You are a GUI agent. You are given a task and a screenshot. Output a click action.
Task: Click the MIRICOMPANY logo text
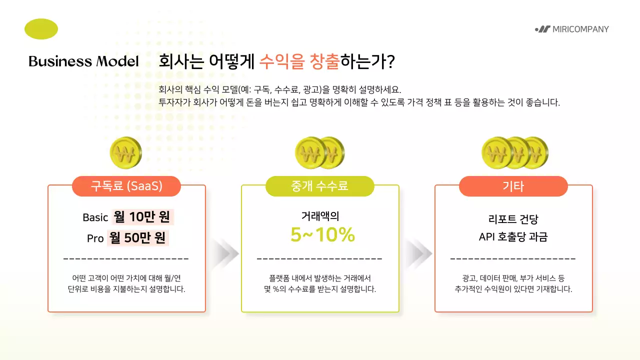[x=580, y=29]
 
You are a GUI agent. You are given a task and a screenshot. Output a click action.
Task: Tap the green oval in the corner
[x=41, y=28]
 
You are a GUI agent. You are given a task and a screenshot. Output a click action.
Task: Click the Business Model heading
[x=83, y=61]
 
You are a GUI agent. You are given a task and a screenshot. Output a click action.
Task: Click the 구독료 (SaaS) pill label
[x=126, y=186]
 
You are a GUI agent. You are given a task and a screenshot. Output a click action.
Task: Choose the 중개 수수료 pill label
[x=319, y=186]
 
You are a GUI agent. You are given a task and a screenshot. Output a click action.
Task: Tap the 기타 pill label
[x=513, y=186]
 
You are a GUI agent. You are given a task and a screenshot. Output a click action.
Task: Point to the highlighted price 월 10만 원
[x=142, y=217]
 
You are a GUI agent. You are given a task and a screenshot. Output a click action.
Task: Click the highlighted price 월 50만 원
[x=138, y=238]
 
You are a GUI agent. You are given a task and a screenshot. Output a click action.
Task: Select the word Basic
[x=95, y=217]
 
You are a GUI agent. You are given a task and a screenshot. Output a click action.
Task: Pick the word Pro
[x=95, y=238]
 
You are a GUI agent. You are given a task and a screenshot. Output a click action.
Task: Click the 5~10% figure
[x=322, y=235]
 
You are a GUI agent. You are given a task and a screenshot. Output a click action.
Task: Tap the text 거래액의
[x=320, y=216]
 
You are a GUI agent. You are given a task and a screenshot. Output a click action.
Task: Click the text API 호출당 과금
[x=513, y=237]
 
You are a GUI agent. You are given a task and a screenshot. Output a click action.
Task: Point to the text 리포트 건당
[x=513, y=219]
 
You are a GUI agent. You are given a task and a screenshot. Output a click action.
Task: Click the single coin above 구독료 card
[x=125, y=152]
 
